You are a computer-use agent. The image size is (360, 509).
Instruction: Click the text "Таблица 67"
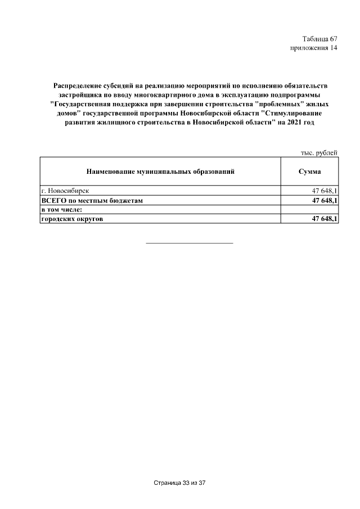pyautogui.click(x=319, y=39)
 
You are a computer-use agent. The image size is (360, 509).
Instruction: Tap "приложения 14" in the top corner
pyautogui.click(x=313, y=48)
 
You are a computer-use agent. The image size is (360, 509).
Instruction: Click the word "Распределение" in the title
pyautogui.click(x=78, y=85)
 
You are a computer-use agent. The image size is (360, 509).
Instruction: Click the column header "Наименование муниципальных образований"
pyautogui.click(x=160, y=171)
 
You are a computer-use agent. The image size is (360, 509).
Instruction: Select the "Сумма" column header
pyautogui.click(x=309, y=171)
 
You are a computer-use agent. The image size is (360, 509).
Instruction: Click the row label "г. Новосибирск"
pyautogui.click(x=65, y=191)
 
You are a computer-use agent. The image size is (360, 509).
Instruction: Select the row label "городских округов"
pyautogui.click(x=72, y=218)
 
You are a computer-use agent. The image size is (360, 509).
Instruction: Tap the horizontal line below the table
pyautogui.click(x=189, y=243)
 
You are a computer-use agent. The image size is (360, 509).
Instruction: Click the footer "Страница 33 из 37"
pyautogui.click(x=181, y=483)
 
